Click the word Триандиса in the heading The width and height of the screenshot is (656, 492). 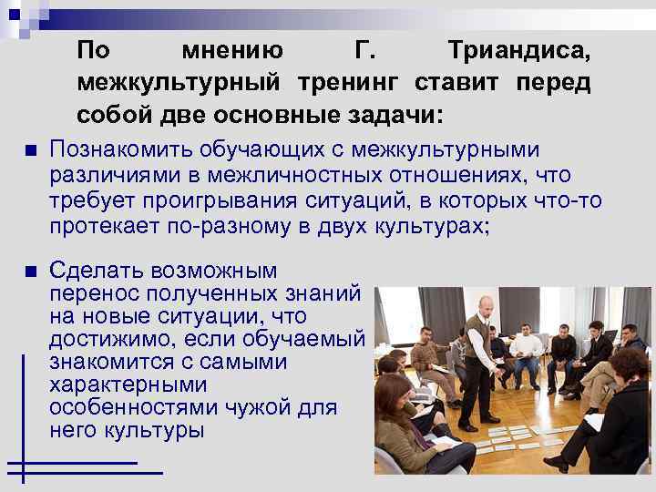point(519,50)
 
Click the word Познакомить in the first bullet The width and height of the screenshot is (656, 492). point(124,149)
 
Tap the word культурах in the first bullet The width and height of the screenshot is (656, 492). point(432,226)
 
